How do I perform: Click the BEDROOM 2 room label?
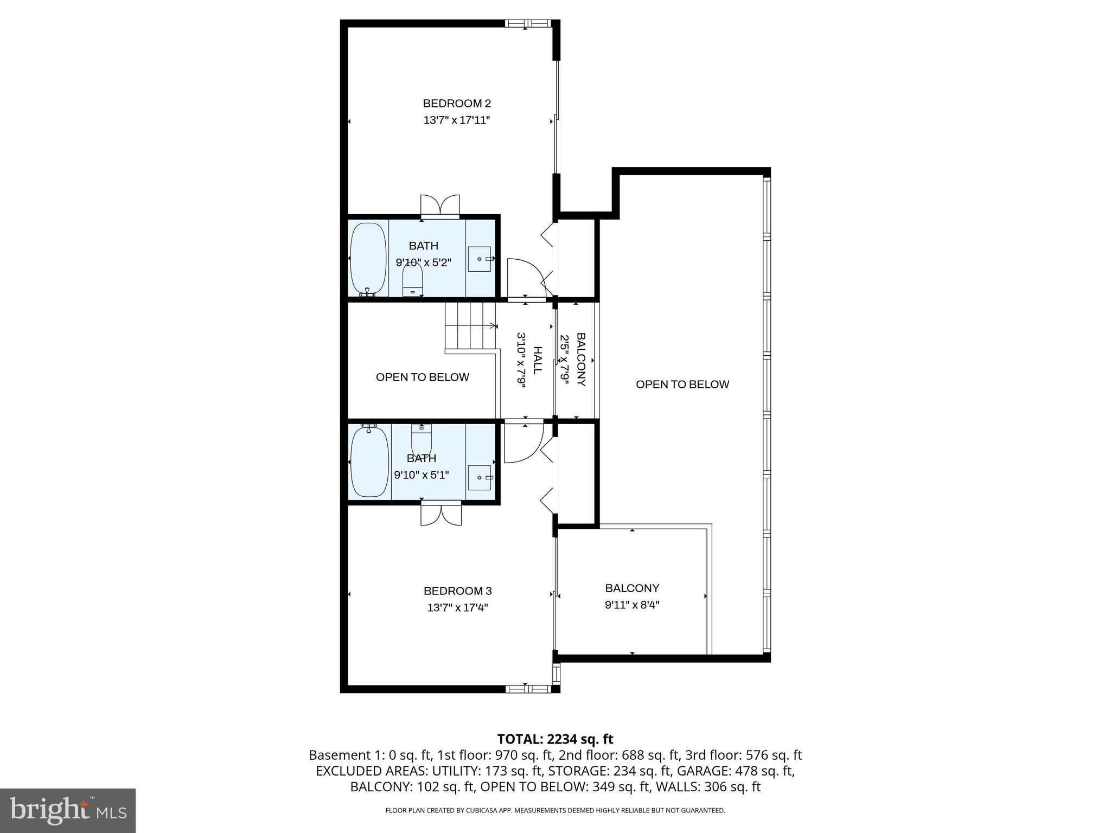click(x=457, y=103)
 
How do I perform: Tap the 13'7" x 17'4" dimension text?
click(x=457, y=607)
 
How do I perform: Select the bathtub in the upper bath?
click(x=367, y=259)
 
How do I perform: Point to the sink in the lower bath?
click(x=480, y=477)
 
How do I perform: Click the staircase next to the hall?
click(x=470, y=327)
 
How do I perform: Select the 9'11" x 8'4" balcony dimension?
click(x=632, y=605)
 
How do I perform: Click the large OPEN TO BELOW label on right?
click(x=682, y=385)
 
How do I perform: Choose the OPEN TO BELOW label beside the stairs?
click(x=422, y=377)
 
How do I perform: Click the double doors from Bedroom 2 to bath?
click(x=440, y=206)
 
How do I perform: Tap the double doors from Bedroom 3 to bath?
click(x=441, y=514)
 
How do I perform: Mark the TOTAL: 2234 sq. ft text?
click(x=555, y=739)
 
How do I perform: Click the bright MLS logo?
click(x=67, y=810)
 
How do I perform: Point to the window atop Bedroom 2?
click(x=527, y=23)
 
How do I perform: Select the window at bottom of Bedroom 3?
click(x=527, y=689)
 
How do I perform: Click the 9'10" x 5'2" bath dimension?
click(x=423, y=262)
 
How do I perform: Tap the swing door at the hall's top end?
click(x=523, y=279)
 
